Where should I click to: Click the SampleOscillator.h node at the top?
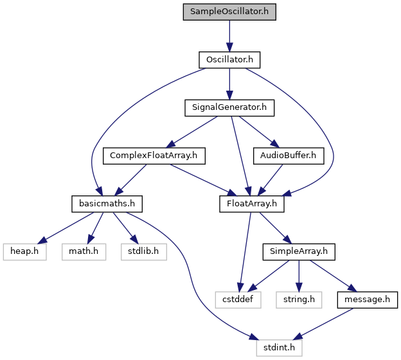tap(229, 12)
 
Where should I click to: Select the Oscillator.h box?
tap(229, 60)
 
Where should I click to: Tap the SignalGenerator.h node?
tap(229, 108)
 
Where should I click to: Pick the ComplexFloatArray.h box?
tap(154, 156)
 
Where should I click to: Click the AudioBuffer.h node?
tap(289, 156)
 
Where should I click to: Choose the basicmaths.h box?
tap(107, 204)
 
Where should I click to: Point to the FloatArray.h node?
tap(252, 204)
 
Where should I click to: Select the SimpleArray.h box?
tap(299, 252)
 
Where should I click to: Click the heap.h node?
tap(24, 252)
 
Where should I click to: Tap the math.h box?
tap(84, 252)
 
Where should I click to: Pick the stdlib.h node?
tap(144, 252)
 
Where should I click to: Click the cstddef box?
tap(238, 300)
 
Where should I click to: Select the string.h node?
tap(299, 300)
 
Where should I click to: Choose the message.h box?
tap(367, 300)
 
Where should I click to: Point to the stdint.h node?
tap(279, 348)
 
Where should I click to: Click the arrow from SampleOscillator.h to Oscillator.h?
tap(229, 36)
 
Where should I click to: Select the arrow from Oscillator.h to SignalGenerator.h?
tap(229, 84)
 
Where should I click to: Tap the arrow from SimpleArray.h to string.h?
tap(299, 276)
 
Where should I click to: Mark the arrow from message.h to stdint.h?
tap(323, 324)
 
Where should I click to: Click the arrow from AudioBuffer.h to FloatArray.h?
tap(271, 180)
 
